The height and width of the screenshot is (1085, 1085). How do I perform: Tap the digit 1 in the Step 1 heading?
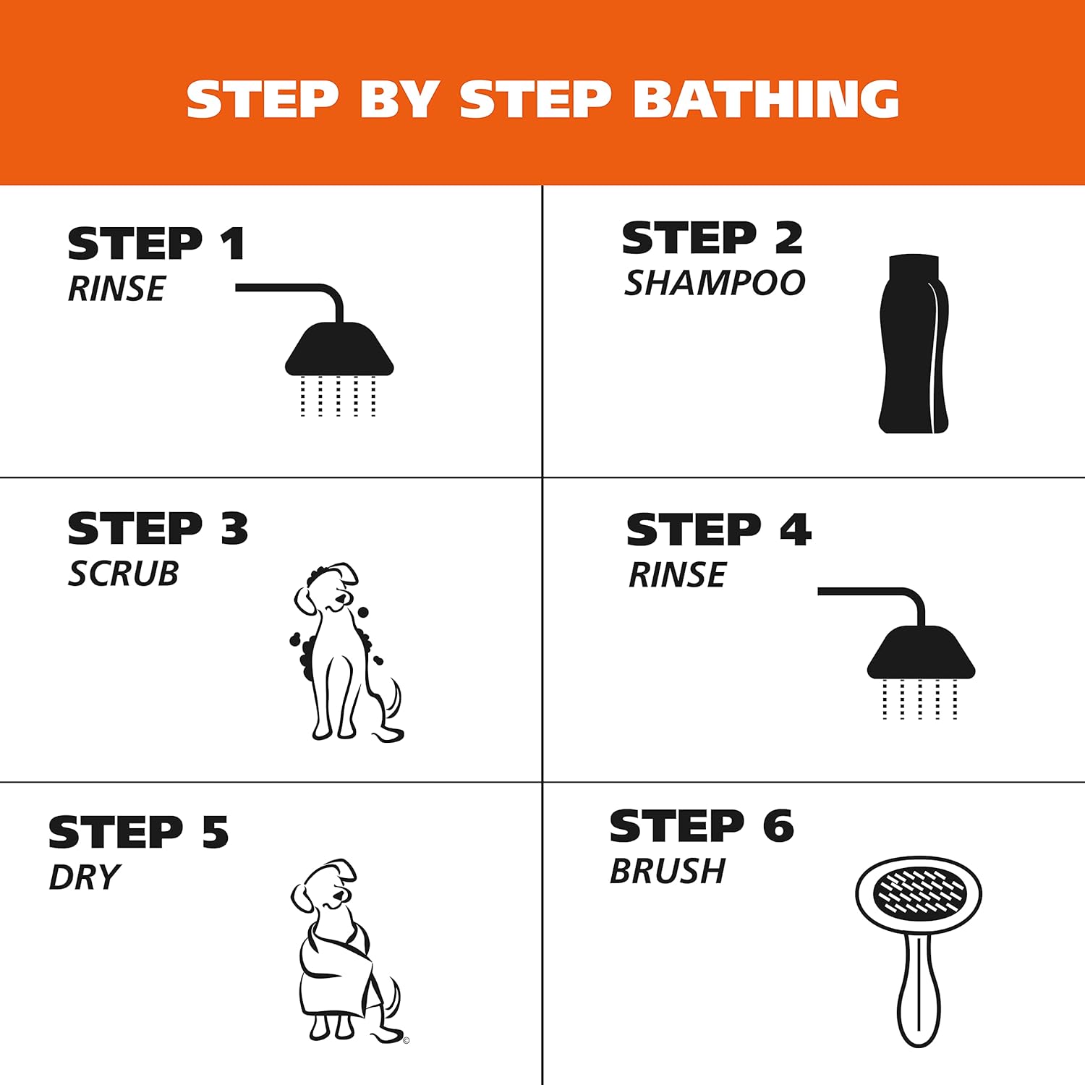tap(233, 243)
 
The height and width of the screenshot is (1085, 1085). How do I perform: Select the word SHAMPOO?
tap(715, 282)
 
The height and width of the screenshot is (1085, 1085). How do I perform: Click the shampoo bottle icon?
tap(914, 344)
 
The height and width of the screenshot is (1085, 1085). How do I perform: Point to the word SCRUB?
tap(123, 574)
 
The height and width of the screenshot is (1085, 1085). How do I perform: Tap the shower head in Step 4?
tap(921, 652)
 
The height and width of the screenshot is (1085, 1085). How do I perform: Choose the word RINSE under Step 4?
tap(677, 575)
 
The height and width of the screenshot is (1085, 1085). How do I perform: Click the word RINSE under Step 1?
tap(116, 289)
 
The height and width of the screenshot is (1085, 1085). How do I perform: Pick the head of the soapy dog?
tap(327, 588)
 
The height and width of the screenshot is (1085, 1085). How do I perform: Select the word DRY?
tap(84, 877)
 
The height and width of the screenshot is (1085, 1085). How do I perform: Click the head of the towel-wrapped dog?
tap(325, 885)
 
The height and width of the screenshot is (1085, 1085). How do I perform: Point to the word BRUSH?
tap(667, 871)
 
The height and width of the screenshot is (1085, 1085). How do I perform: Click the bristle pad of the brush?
tap(919, 892)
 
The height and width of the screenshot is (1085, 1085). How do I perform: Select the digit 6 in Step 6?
tap(778, 826)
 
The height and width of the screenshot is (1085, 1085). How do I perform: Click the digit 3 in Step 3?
tap(234, 529)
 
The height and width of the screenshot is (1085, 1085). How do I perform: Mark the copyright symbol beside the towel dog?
tap(407, 1041)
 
